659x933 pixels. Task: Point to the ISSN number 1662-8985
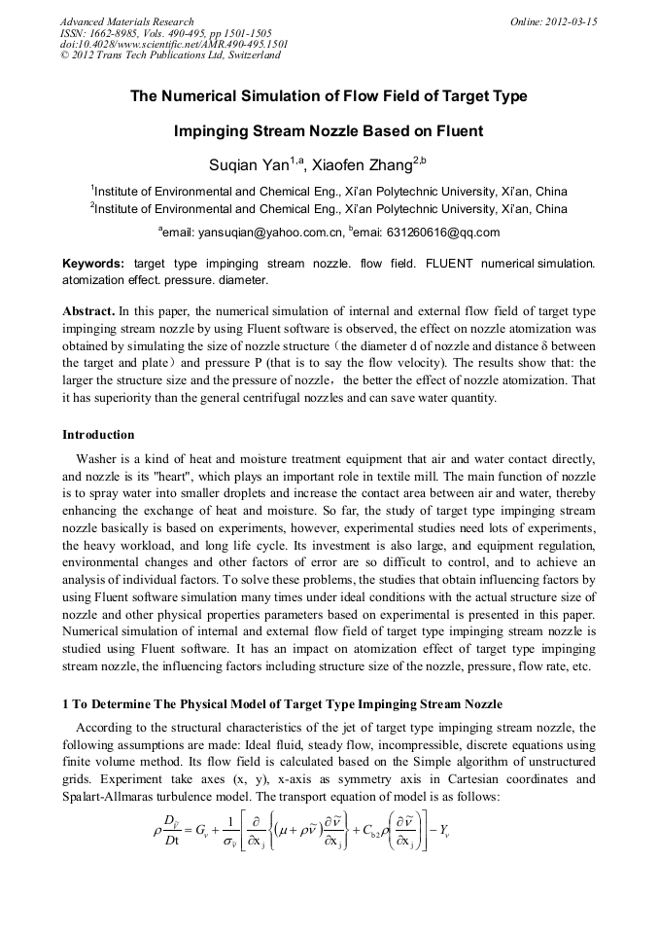tap(122, 33)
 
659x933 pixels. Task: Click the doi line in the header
tap(173, 44)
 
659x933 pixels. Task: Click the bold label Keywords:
tap(93, 264)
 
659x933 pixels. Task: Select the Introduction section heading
tap(98, 434)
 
